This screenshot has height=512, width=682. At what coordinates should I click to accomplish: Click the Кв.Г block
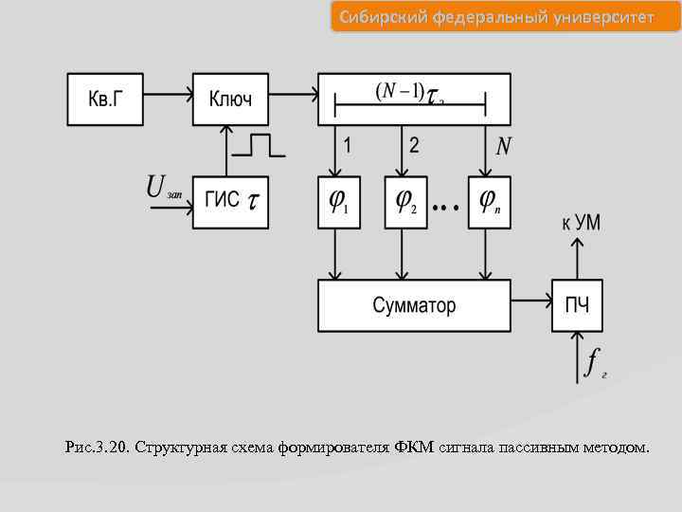coord(105,99)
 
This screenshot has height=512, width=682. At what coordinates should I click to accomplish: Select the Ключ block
coord(230,99)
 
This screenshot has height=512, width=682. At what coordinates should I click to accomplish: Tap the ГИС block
coord(230,202)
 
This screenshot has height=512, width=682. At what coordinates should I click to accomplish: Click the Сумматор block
coord(414,305)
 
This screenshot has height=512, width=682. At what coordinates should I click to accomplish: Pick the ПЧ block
coord(577,305)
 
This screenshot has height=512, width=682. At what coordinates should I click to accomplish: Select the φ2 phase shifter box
coord(405,202)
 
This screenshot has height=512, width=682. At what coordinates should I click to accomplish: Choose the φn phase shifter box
coord(489,202)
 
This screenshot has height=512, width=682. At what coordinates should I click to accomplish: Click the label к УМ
coord(581,225)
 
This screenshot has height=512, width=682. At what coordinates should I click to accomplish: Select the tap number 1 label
coord(348,146)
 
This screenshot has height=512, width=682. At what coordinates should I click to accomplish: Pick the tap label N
coord(504,146)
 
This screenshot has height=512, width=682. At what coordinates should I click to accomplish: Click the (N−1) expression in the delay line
coord(399,91)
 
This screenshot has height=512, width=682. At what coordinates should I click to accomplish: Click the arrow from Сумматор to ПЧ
coord(531,305)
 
